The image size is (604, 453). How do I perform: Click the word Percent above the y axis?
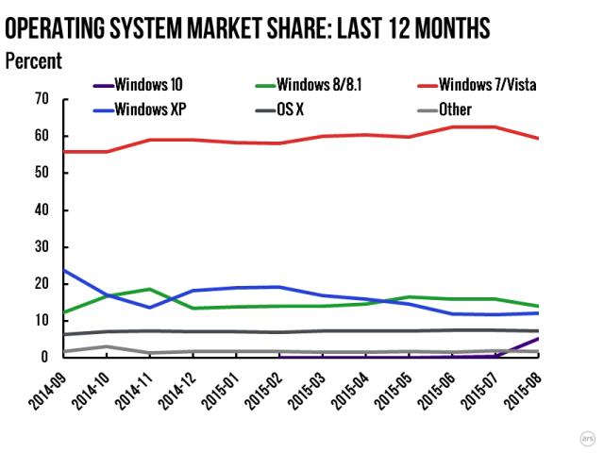point(34,62)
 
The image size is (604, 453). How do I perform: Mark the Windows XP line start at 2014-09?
point(63,270)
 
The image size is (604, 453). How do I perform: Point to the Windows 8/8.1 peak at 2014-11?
point(149,289)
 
